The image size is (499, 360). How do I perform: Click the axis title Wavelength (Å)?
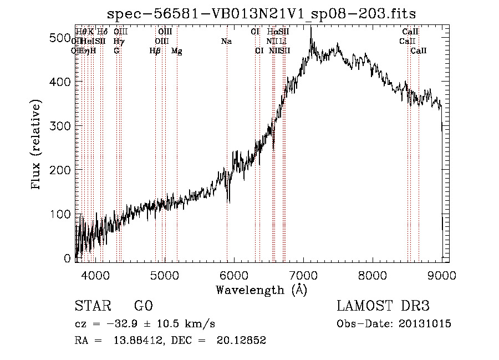pos(261,290)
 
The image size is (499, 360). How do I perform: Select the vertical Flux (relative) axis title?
pos(37,145)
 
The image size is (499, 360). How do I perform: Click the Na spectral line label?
pos(226,42)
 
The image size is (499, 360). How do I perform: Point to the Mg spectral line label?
pos(177,51)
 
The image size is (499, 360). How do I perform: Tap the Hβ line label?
pos(155,51)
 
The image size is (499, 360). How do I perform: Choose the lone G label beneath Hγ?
pos(116,51)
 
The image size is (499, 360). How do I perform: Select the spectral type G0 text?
pos(144,306)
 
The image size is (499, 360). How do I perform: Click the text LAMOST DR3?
pos(383,306)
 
